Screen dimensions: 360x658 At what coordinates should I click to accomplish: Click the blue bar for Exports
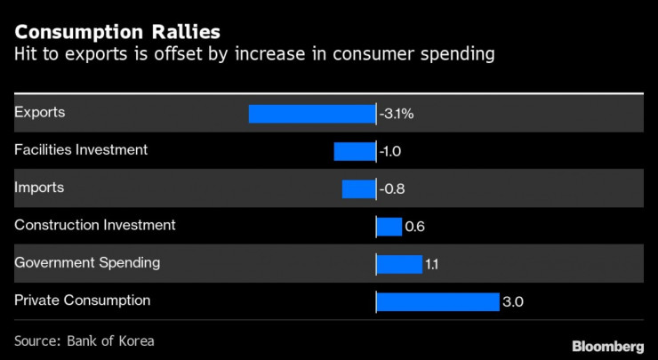pyautogui.click(x=312, y=114)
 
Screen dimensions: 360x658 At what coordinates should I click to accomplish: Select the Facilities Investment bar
pyautogui.click(x=355, y=151)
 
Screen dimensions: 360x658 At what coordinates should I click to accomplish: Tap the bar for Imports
pyautogui.click(x=358, y=188)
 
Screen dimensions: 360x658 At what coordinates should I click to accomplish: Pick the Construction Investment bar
pyautogui.click(x=389, y=227)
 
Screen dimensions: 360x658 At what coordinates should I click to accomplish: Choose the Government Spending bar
pyautogui.click(x=399, y=264)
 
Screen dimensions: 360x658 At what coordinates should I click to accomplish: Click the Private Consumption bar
pyautogui.click(x=437, y=302)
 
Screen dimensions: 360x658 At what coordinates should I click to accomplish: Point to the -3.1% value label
pyautogui.click(x=397, y=114)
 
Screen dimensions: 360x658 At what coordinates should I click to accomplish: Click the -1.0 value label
pyautogui.click(x=390, y=151)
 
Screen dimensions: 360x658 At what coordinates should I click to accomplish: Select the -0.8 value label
pyautogui.click(x=392, y=188)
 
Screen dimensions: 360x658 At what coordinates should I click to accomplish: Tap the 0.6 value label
pyautogui.click(x=414, y=227)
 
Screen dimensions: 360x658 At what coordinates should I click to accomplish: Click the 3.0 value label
pyautogui.click(x=513, y=302)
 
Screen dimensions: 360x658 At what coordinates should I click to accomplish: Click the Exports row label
pyautogui.click(x=40, y=112)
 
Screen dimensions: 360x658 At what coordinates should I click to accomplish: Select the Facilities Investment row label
pyautogui.click(x=81, y=149)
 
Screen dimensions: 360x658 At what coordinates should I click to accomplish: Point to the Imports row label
pyautogui.click(x=39, y=188)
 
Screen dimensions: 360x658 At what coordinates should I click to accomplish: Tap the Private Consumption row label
pyautogui.click(x=82, y=300)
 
